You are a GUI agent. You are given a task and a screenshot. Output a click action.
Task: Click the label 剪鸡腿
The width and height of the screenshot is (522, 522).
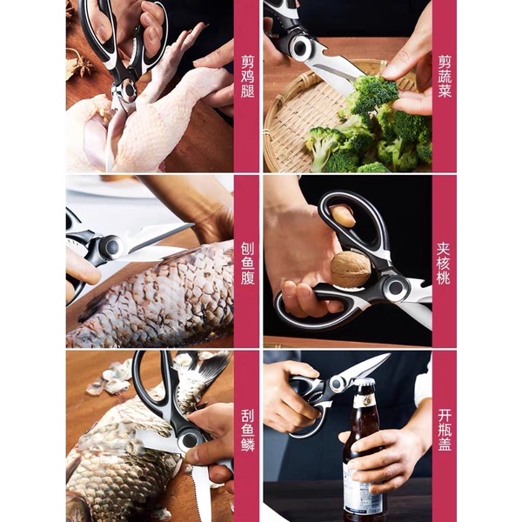(247, 77)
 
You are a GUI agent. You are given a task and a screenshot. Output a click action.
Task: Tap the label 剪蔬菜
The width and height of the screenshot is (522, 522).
(445, 77)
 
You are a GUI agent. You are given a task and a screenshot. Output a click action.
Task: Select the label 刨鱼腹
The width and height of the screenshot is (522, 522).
(247, 264)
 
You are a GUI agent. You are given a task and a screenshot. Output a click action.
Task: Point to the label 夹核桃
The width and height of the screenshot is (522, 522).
(444, 264)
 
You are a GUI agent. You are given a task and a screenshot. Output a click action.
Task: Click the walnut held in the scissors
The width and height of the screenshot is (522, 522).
(351, 269)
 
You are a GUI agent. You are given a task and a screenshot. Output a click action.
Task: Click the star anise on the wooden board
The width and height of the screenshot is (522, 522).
(79, 64)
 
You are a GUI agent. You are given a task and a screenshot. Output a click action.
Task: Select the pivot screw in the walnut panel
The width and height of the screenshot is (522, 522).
(396, 286)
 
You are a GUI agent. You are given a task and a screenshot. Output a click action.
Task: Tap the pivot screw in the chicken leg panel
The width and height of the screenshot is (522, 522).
(128, 90)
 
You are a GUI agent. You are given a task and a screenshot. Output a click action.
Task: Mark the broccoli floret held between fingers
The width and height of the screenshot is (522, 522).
(375, 90)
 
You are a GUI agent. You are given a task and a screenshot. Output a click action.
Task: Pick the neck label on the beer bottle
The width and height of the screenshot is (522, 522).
(365, 402)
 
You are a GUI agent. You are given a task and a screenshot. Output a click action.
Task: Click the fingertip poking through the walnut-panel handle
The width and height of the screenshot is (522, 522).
(342, 216)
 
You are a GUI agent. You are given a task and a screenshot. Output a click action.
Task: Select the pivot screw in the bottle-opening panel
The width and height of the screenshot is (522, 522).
(338, 383)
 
